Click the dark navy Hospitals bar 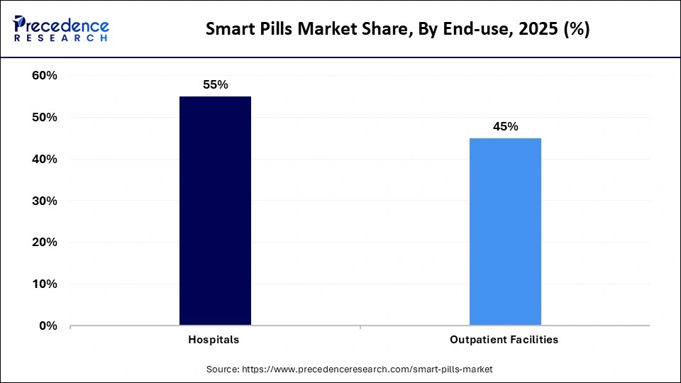215,211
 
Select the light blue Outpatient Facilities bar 505,232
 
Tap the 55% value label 215,84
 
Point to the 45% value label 505,126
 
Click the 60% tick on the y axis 45,75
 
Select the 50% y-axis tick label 45,117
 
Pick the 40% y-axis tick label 45,159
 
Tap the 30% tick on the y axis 45,201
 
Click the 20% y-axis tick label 45,243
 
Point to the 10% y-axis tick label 45,284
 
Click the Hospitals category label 214,340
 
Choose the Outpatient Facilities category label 504,340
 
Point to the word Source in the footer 223,370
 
